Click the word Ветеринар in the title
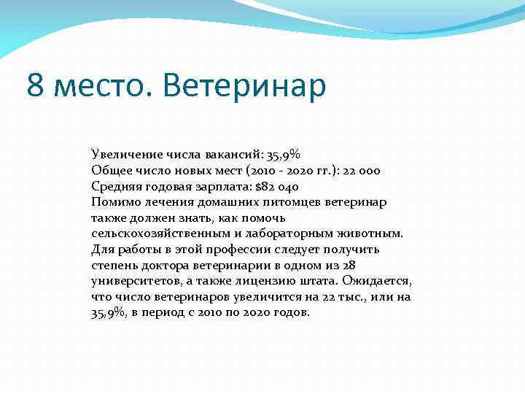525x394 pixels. (x=245, y=85)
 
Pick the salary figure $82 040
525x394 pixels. (x=277, y=186)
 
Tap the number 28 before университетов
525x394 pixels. (x=349, y=266)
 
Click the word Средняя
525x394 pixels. (x=115, y=186)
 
